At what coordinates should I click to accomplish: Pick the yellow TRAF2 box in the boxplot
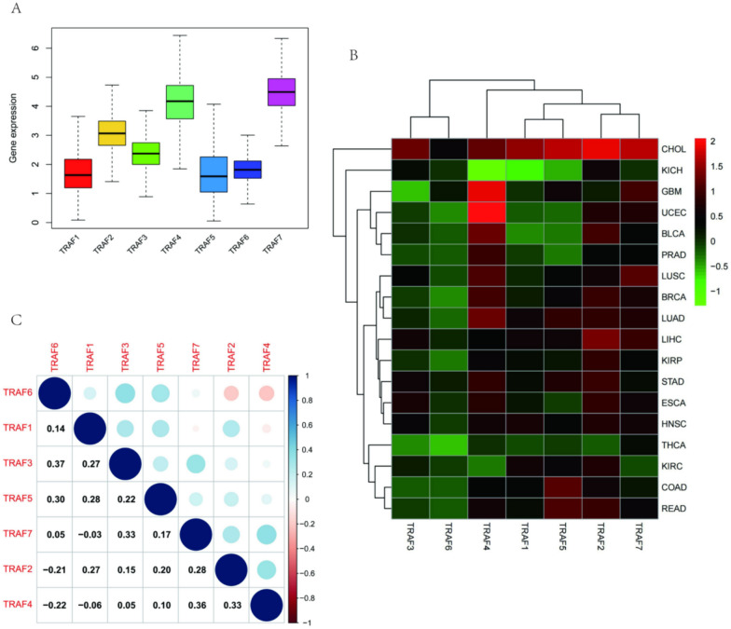pos(114,133)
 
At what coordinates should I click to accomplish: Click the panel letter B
pos(353,55)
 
